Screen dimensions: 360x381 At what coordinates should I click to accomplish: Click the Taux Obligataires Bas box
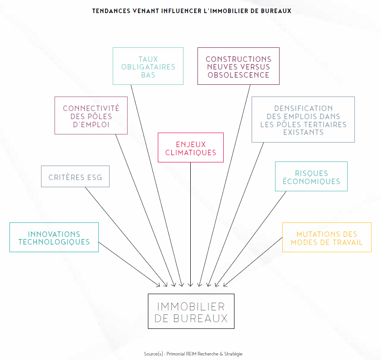click(148, 67)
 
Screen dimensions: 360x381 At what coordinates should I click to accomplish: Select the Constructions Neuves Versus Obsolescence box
click(238, 67)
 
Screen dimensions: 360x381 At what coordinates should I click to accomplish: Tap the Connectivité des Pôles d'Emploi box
click(91, 116)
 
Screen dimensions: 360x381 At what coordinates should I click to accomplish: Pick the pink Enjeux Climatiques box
click(190, 148)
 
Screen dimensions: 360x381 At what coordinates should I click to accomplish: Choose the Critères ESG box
click(75, 177)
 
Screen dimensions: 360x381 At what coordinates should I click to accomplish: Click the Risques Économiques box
click(311, 177)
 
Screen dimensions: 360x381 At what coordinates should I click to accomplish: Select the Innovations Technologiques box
click(54, 238)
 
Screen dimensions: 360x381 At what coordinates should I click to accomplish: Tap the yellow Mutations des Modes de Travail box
click(326, 238)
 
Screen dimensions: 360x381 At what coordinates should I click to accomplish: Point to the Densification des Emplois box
click(303, 120)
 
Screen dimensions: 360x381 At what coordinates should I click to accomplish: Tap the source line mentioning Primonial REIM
click(193, 354)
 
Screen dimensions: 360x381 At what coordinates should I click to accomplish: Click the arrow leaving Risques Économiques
click(252, 237)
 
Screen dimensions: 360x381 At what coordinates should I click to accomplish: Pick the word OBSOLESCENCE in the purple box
click(238, 75)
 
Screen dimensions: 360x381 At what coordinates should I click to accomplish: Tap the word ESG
click(94, 177)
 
